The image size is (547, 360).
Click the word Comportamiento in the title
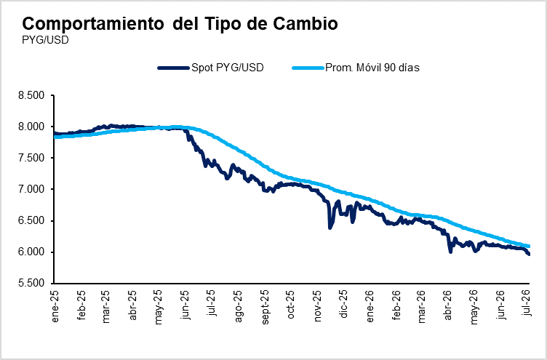click(93, 24)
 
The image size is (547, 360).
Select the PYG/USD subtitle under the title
click(45, 40)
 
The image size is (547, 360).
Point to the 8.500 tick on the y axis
click(32, 95)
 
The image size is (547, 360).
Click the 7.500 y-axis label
click(32, 158)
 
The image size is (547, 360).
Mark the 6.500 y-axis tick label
click(32, 221)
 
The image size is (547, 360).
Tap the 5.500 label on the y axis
click(32, 283)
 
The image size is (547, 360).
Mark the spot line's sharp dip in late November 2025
click(330, 228)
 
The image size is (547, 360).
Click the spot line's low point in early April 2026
click(450, 252)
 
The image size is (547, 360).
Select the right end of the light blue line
click(530, 247)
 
